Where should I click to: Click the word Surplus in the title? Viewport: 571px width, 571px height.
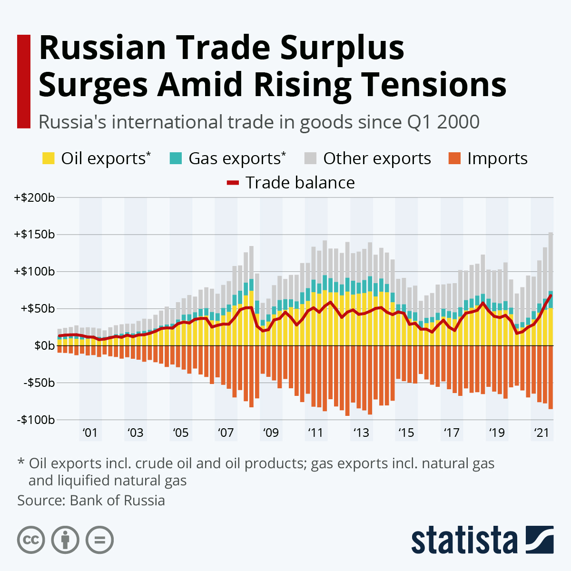tap(342, 49)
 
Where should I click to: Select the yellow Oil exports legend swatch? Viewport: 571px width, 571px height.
tap(49, 158)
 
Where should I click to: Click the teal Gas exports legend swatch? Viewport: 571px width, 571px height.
tap(176, 158)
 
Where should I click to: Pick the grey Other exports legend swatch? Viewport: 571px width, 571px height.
tap(310, 158)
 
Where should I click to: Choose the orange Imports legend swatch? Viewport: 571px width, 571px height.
tap(454, 158)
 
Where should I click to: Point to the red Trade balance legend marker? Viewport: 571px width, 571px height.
tap(233, 183)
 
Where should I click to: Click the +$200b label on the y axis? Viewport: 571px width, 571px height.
tap(34, 197)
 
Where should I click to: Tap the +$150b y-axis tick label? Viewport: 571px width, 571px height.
tap(34, 235)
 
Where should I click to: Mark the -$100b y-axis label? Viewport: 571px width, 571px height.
tap(36, 420)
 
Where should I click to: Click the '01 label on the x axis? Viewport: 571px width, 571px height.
tap(89, 433)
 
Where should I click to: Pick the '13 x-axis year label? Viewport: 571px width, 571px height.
tap(361, 433)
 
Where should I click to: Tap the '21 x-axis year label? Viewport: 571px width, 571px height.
tap(541, 433)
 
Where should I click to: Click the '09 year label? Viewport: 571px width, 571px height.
tap(270, 433)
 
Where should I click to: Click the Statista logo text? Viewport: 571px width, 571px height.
tap(464, 541)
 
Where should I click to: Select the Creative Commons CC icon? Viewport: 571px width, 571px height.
tap(31, 540)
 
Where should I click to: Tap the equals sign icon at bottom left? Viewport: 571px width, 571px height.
tap(99, 540)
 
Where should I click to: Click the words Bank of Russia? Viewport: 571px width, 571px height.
tap(117, 501)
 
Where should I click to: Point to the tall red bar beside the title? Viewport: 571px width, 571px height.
tap(23, 81)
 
